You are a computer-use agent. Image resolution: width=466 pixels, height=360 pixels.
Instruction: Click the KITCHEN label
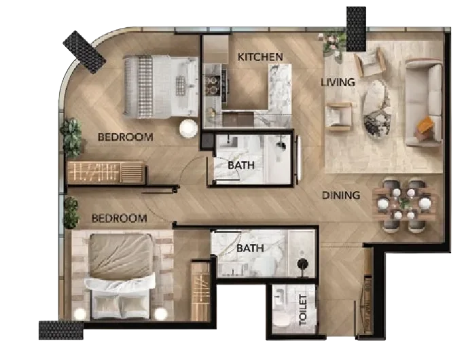click(x=259, y=57)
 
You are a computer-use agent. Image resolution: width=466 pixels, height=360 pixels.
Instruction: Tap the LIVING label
click(x=338, y=83)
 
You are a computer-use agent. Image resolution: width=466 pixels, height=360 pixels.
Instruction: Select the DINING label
click(x=341, y=196)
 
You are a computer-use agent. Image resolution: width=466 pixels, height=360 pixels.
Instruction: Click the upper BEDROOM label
click(x=125, y=137)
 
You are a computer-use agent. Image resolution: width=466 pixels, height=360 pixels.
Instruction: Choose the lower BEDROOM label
click(x=120, y=219)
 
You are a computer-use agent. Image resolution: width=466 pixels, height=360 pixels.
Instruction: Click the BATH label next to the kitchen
click(x=240, y=164)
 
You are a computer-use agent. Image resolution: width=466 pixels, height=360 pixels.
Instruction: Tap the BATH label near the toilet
click(x=250, y=249)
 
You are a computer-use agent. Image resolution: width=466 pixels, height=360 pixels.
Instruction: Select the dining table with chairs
click(x=406, y=204)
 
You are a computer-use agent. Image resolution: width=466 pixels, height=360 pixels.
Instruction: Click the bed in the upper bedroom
click(x=160, y=86)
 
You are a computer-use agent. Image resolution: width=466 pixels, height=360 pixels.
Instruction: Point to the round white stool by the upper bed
click(x=187, y=128)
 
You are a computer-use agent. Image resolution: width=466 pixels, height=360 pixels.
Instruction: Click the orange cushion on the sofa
click(x=425, y=126)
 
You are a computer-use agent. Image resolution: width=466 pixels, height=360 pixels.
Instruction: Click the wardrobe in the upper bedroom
click(x=106, y=173)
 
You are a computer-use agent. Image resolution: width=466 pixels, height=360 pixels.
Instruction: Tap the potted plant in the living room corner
click(x=332, y=43)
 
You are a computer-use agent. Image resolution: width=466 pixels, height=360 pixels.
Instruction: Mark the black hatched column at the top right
click(x=356, y=24)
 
